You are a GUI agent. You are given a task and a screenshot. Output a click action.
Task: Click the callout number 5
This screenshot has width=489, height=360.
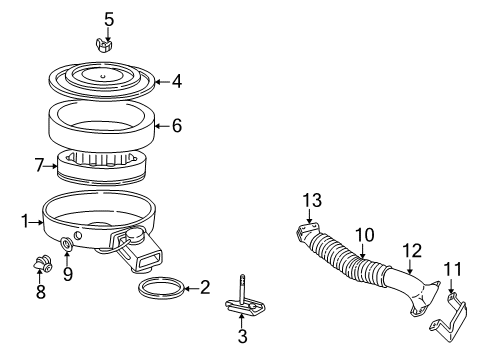[x=109, y=18]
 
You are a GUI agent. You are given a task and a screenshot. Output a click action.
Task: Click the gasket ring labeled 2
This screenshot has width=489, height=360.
[x=160, y=291]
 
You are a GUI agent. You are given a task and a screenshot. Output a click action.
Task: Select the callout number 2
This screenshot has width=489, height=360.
[x=204, y=288]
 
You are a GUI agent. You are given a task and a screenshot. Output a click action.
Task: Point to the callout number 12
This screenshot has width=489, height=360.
[x=412, y=249]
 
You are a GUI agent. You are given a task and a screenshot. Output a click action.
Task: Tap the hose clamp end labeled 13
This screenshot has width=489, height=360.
[x=306, y=235]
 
